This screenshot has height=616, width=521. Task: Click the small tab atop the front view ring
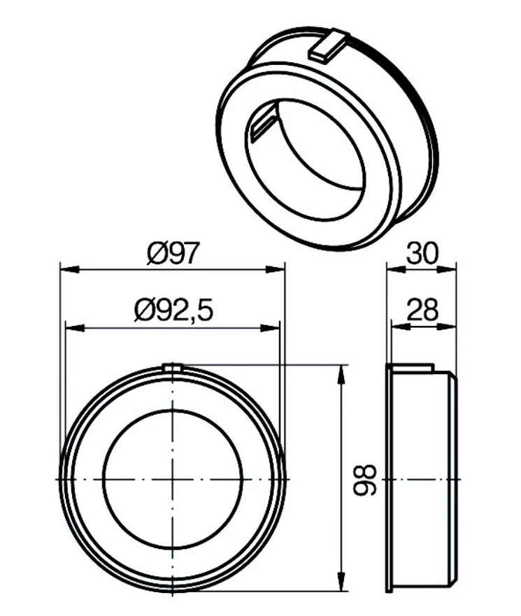172,367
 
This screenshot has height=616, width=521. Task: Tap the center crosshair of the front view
173,479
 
